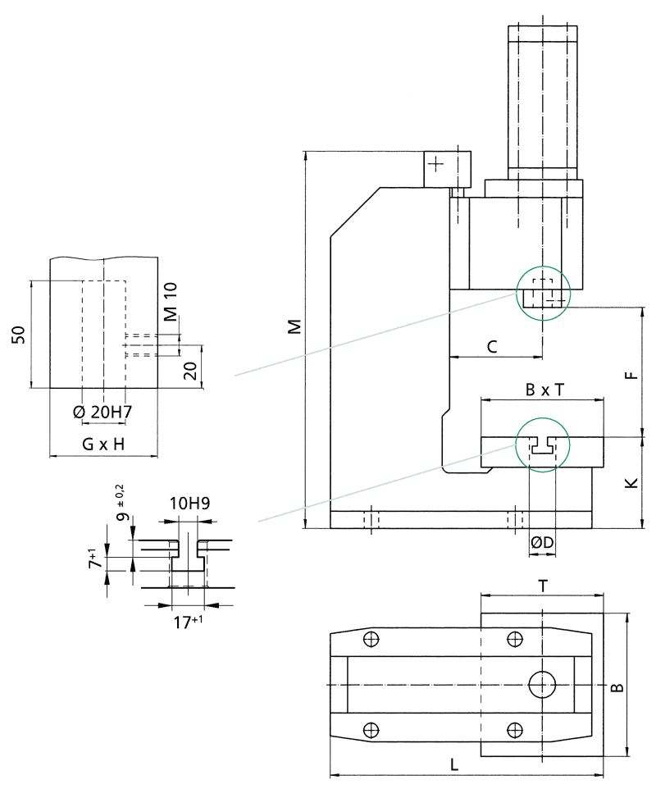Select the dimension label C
click(x=492, y=346)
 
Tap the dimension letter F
click(x=631, y=376)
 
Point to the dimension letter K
click(x=631, y=483)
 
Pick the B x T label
click(x=544, y=390)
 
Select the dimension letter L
click(x=454, y=764)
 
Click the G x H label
click(x=103, y=445)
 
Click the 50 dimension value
click(x=19, y=335)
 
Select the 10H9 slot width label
click(x=190, y=504)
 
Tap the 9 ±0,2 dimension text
click(x=123, y=504)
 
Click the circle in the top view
click(x=542, y=683)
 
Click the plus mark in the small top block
click(x=435, y=163)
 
